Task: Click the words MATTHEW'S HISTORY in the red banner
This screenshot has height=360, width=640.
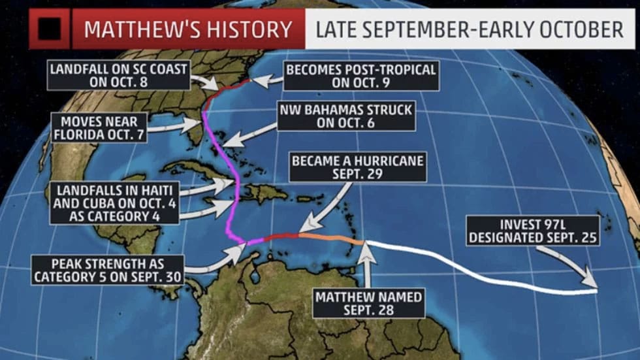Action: click(188, 29)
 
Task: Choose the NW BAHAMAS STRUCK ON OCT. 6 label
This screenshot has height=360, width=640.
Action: click(345, 117)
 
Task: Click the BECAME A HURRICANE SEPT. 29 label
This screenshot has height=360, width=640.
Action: click(358, 167)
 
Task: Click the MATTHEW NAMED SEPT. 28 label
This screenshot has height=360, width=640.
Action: click(369, 303)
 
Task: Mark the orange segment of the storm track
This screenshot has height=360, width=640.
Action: click(330, 237)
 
